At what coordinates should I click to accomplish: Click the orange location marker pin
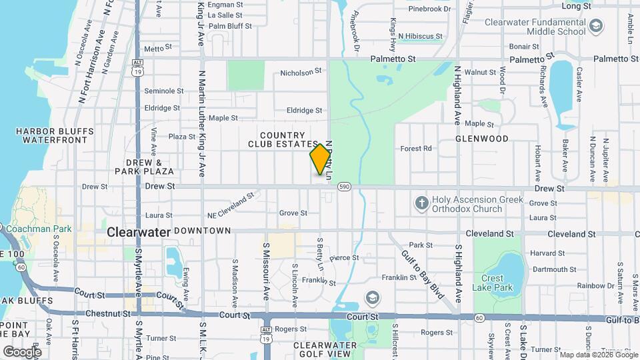[321, 159]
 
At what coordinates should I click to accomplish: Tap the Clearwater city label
[138, 232]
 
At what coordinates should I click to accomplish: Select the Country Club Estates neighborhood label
[283, 139]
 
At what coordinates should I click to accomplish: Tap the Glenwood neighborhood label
[482, 139]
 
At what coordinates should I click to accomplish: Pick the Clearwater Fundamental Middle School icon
[596, 27]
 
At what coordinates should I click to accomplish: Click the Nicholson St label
[301, 71]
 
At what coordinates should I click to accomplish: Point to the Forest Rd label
[416, 148]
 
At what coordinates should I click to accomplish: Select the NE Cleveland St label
[231, 205]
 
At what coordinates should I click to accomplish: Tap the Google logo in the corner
[21, 351]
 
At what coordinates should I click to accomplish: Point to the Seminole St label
[163, 91]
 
